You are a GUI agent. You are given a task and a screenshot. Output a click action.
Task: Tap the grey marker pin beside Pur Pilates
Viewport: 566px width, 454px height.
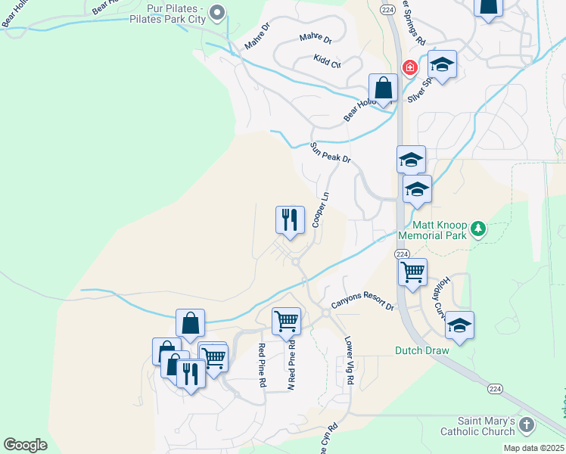pos(217,11)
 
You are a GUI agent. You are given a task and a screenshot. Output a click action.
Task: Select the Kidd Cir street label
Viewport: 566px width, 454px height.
pos(327,61)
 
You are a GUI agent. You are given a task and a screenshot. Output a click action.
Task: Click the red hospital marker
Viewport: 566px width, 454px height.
pos(410,67)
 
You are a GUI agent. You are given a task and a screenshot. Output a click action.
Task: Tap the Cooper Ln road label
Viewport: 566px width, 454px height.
pos(321,208)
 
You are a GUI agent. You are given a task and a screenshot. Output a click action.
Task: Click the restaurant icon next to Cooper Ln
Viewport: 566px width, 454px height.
pos(290,220)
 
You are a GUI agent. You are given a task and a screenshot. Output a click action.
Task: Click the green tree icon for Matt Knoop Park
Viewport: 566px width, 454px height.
pos(477,228)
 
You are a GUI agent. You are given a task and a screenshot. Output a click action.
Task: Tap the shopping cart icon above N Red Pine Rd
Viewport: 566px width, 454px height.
pos(286,320)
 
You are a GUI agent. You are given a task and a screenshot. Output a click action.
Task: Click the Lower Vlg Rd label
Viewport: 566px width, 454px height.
pos(349,361)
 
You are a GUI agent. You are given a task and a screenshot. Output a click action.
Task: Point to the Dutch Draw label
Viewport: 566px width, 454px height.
pos(421,350)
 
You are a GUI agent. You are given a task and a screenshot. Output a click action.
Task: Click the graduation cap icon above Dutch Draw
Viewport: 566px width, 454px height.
pos(459,325)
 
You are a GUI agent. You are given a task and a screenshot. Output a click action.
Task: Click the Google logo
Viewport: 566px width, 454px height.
pos(25,444)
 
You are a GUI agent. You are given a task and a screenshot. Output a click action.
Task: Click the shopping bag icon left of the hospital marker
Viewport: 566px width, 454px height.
pos(384,87)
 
